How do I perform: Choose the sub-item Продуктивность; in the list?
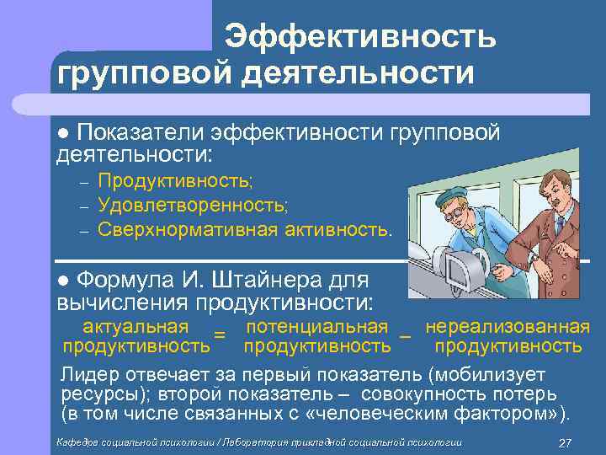click(x=174, y=179)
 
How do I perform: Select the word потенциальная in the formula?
click(x=316, y=326)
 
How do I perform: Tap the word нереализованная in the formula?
click(x=508, y=326)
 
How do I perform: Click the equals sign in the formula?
click(x=220, y=336)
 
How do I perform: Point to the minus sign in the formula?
click(x=405, y=336)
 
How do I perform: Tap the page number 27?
click(x=566, y=443)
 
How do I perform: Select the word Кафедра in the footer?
click(x=77, y=443)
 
